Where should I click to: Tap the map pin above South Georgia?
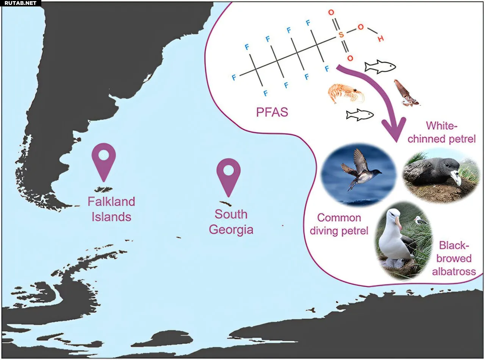pos(228,173)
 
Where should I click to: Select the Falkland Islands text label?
pos(111,209)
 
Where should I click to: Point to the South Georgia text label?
pos(231,222)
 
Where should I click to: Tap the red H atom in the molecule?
pos(380,39)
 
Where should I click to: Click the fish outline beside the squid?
pos(380,67)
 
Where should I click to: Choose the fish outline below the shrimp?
pos(360,114)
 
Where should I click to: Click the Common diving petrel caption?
pos(339,224)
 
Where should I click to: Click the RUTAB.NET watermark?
pos(20,3)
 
